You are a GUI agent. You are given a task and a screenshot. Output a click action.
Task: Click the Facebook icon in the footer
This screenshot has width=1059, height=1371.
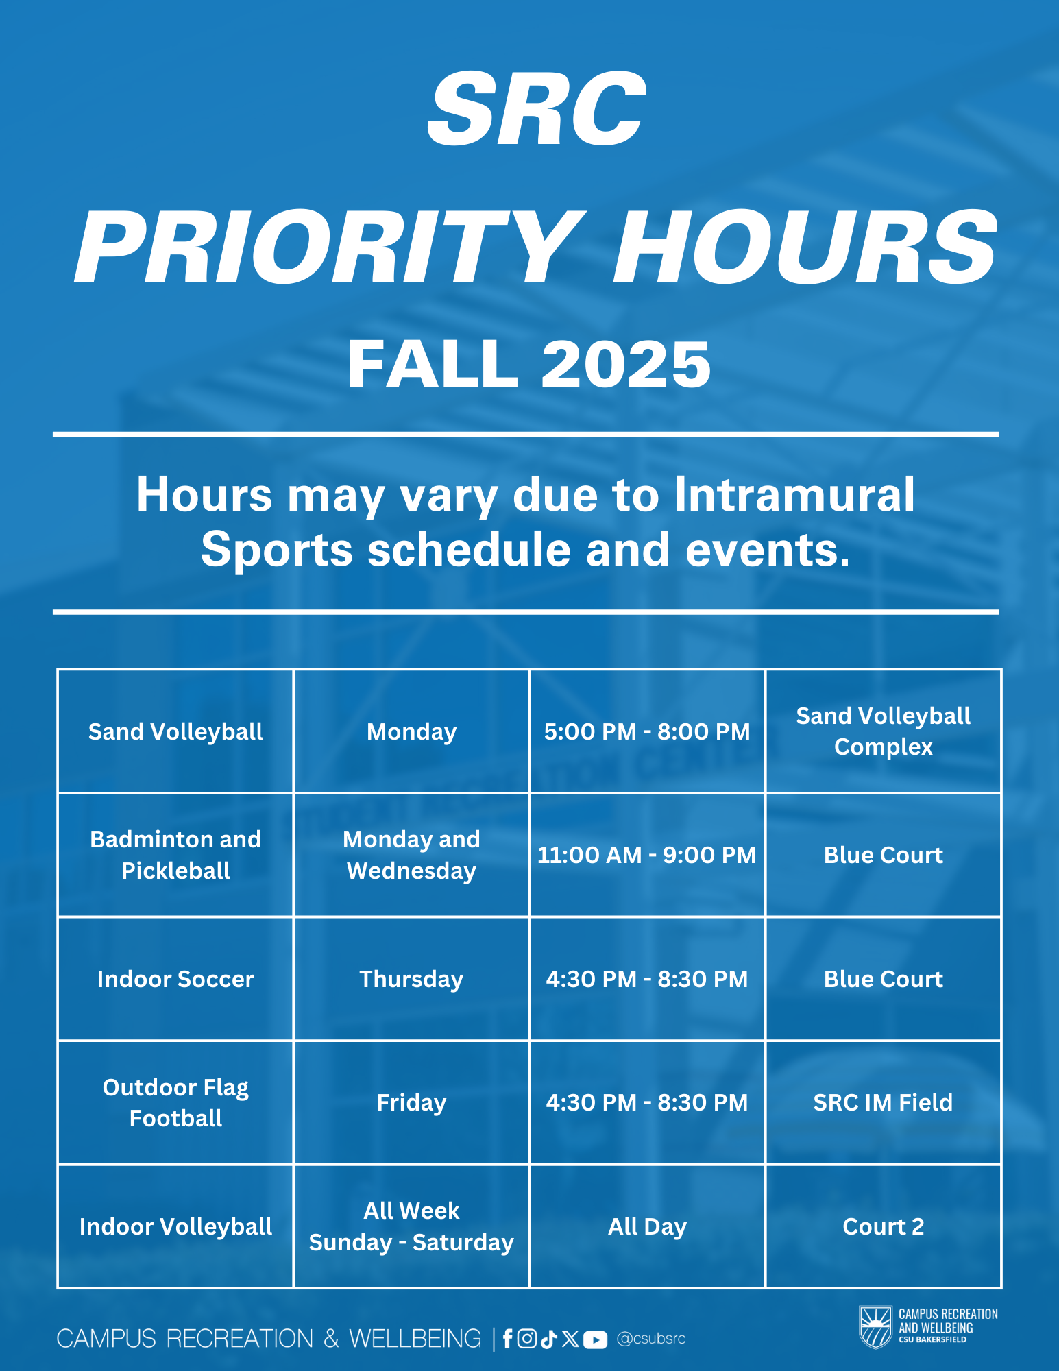click(x=507, y=1339)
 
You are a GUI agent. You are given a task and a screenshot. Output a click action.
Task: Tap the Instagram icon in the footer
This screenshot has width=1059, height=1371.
click(x=526, y=1339)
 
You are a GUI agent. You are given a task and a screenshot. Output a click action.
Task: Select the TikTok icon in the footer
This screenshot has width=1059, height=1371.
click(x=548, y=1339)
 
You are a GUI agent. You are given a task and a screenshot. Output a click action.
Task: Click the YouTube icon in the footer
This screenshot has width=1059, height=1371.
click(x=595, y=1339)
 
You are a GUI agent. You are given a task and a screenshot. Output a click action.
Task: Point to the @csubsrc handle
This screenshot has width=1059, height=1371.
click(x=650, y=1339)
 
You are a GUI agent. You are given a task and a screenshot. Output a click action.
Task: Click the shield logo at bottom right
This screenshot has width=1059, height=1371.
click(x=875, y=1327)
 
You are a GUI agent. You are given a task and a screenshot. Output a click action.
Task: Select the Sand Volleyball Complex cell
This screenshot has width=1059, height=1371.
click(x=883, y=731)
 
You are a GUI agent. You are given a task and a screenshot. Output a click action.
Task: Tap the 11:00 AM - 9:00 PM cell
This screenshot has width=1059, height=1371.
click(x=646, y=855)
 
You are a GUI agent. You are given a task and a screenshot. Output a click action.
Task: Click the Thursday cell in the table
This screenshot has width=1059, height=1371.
click(x=411, y=979)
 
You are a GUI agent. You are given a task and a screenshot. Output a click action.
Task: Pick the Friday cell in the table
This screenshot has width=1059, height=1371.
click(x=411, y=1102)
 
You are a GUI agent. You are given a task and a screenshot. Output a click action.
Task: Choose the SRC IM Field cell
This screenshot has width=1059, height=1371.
click(x=883, y=1102)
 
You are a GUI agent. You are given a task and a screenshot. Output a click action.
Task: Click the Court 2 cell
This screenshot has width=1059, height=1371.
click(x=883, y=1226)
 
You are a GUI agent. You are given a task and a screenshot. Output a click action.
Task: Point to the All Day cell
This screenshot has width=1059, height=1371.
click(x=646, y=1226)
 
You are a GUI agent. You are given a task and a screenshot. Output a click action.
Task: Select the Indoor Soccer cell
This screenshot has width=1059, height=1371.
click(x=175, y=979)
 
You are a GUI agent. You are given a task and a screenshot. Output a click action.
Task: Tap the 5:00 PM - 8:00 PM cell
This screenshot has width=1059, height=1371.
click(x=646, y=731)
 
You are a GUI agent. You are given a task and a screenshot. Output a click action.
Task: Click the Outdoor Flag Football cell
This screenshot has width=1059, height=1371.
click(x=175, y=1102)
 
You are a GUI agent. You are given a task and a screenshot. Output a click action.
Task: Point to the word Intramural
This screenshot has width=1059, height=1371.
click(x=794, y=494)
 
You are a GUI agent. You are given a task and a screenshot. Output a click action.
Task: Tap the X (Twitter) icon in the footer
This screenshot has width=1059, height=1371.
click(x=570, y=1339)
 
